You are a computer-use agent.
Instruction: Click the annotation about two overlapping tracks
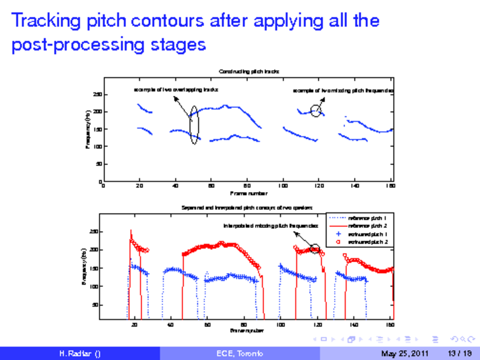(175, 89)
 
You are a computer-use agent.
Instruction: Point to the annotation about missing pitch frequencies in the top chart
(344, 91)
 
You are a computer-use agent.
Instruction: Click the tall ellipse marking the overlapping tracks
(193, 125)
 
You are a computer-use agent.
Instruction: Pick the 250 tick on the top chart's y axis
(97, 95)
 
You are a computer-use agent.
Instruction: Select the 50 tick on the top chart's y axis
(99, 164)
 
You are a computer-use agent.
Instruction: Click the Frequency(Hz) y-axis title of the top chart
(88, 129)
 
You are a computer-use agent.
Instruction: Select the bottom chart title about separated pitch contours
(248, 208)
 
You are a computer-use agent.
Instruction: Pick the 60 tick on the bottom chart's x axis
(207, 325)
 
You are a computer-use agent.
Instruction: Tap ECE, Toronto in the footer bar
(239, 353)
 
